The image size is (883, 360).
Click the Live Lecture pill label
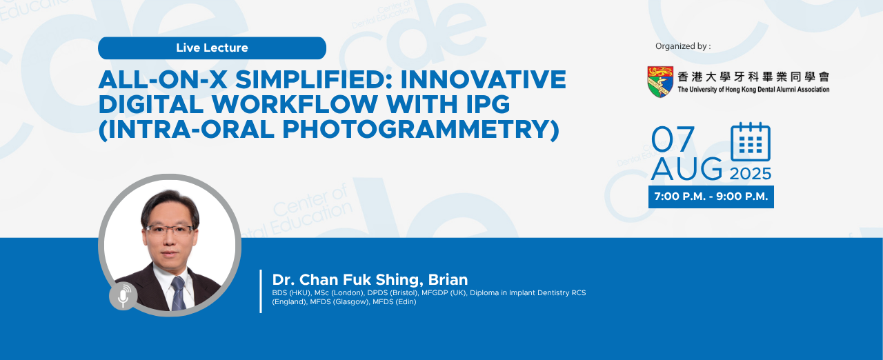tap(212, 48)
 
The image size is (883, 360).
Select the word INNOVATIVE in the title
tap(484, 79)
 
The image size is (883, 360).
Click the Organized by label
tap(683, 46)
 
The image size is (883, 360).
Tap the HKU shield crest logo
tap(660, 81)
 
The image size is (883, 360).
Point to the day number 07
tap(673, 139)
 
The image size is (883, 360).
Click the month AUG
tap(686, 169)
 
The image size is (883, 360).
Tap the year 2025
tap(750, 174)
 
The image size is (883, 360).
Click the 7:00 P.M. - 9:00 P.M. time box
tap(711, 197)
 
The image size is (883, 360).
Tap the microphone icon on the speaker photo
tap(123, 296)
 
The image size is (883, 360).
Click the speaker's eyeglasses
tap(170, 230)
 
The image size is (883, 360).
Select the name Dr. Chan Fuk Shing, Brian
tap(370, 279)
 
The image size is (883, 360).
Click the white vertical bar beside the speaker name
tap(261, 292)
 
